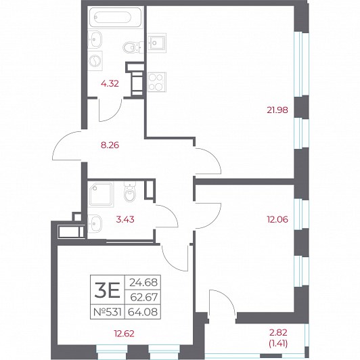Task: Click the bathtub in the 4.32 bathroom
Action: [x=116, y=18]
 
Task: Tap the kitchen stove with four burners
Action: [x=156, y=82]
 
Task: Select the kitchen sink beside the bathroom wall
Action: [x=156, y=43]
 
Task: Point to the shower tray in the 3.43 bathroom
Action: [x=101, y=194]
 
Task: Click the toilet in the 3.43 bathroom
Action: [x=130, y=192]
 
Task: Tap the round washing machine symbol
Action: [x=95, y=61]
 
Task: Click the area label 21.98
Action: [x=277, y=110]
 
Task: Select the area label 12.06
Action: [x=277, y=219]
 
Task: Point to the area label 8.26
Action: [x=110, y=145]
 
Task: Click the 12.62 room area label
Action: [x=125, y=334]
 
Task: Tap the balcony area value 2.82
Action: [x=278, y=332]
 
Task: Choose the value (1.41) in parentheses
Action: [x=278, y=344]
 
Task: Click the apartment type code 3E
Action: [x=107, y=290]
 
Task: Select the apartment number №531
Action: [x=108, y=312]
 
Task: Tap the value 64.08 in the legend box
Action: [x=143, y=312]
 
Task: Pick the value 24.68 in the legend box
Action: [x=143, y=282]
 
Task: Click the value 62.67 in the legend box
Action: [x=144, y=297]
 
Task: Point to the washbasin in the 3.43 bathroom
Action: [x=95, y=223]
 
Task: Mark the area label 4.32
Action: [x=110, y=84]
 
